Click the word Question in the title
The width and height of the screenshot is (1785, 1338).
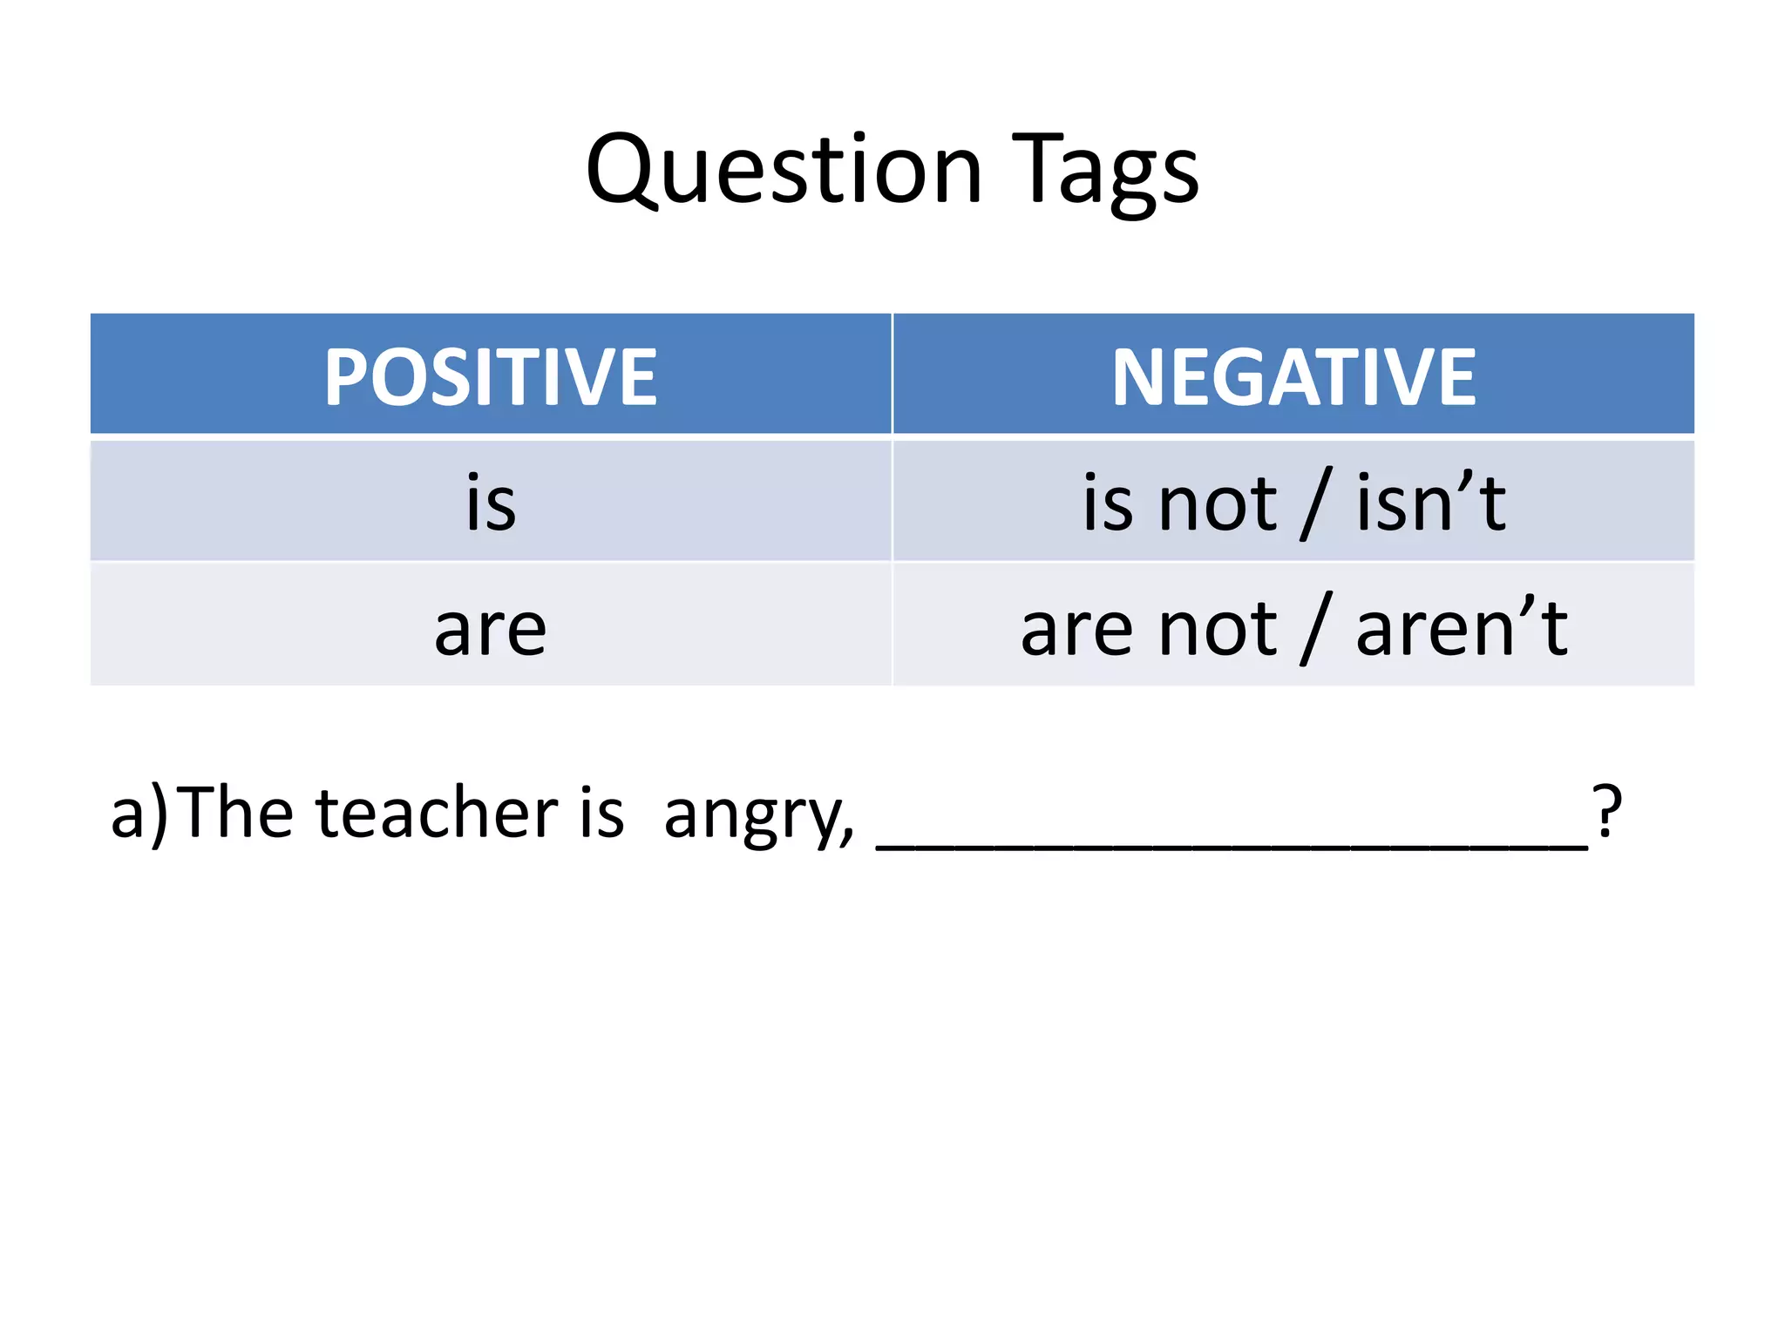coord(784,170)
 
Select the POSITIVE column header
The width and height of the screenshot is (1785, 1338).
coord(491,376)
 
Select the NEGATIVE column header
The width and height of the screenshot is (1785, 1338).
coord(1293,376)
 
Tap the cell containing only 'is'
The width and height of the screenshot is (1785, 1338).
coord(491,503)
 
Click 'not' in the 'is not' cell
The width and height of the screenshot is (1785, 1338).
coord(1217,505)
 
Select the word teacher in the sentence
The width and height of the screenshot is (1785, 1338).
coord(436,813)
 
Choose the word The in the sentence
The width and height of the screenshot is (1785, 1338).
coord(238,813)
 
